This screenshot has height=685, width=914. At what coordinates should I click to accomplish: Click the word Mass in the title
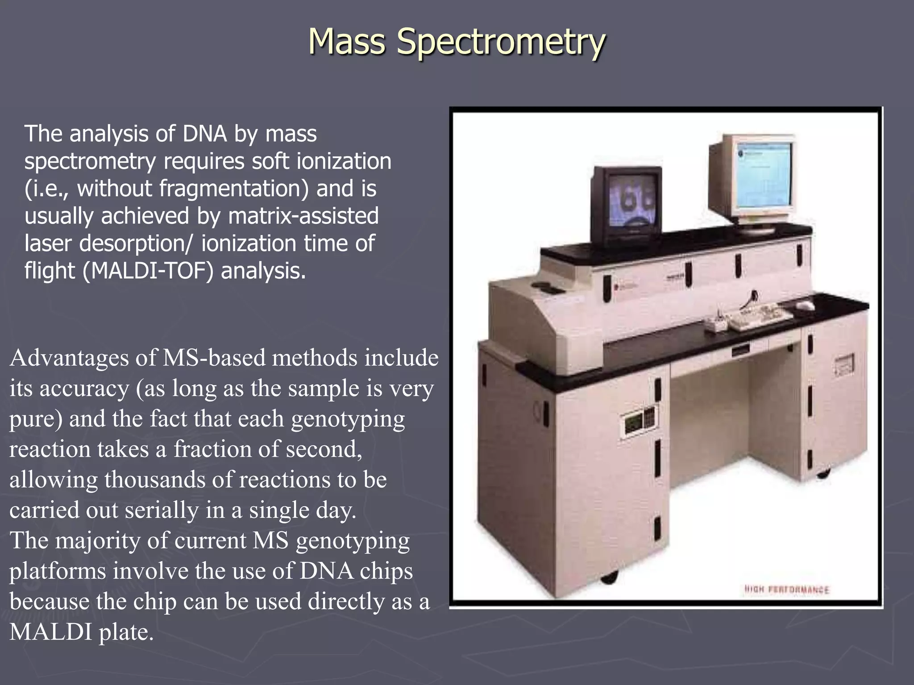[x=346, y=41]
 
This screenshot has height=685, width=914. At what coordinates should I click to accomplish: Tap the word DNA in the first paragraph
[x=205, y=134]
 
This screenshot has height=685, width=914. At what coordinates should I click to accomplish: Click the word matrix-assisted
[x=303, y=216]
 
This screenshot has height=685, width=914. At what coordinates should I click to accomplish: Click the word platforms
[x=58, y=571]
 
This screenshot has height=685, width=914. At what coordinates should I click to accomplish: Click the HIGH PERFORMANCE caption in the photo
[x=786, y=590]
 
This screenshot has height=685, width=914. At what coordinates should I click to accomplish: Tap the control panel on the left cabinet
[x=639, y=420]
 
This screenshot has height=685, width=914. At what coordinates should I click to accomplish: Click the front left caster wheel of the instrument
[x=609, y=578]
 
